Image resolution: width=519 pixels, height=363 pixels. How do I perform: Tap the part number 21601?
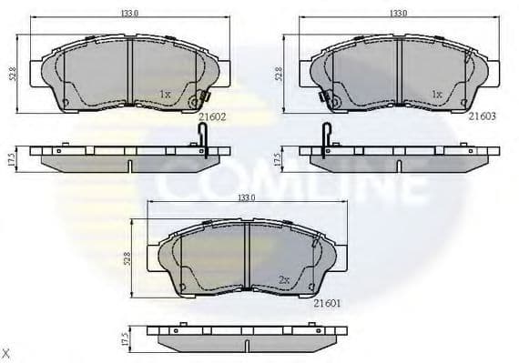326,305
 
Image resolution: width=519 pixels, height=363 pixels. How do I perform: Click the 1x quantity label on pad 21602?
165,94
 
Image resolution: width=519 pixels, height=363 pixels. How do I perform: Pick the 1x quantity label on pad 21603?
436,94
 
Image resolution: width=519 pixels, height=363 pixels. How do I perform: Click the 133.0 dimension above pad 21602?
129,14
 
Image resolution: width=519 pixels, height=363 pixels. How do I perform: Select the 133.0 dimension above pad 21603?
397,14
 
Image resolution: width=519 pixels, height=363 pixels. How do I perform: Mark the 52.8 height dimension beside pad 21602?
11,73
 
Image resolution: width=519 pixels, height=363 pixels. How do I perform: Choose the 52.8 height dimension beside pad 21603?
280,73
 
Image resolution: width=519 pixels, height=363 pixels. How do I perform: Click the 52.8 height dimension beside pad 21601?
128,260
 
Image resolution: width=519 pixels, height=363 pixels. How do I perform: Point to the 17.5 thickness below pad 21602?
11,157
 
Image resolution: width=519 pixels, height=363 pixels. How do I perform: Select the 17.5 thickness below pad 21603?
280,157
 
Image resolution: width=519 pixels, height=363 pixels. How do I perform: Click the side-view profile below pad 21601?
246,336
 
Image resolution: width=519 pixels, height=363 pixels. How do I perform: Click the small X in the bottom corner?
5,352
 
